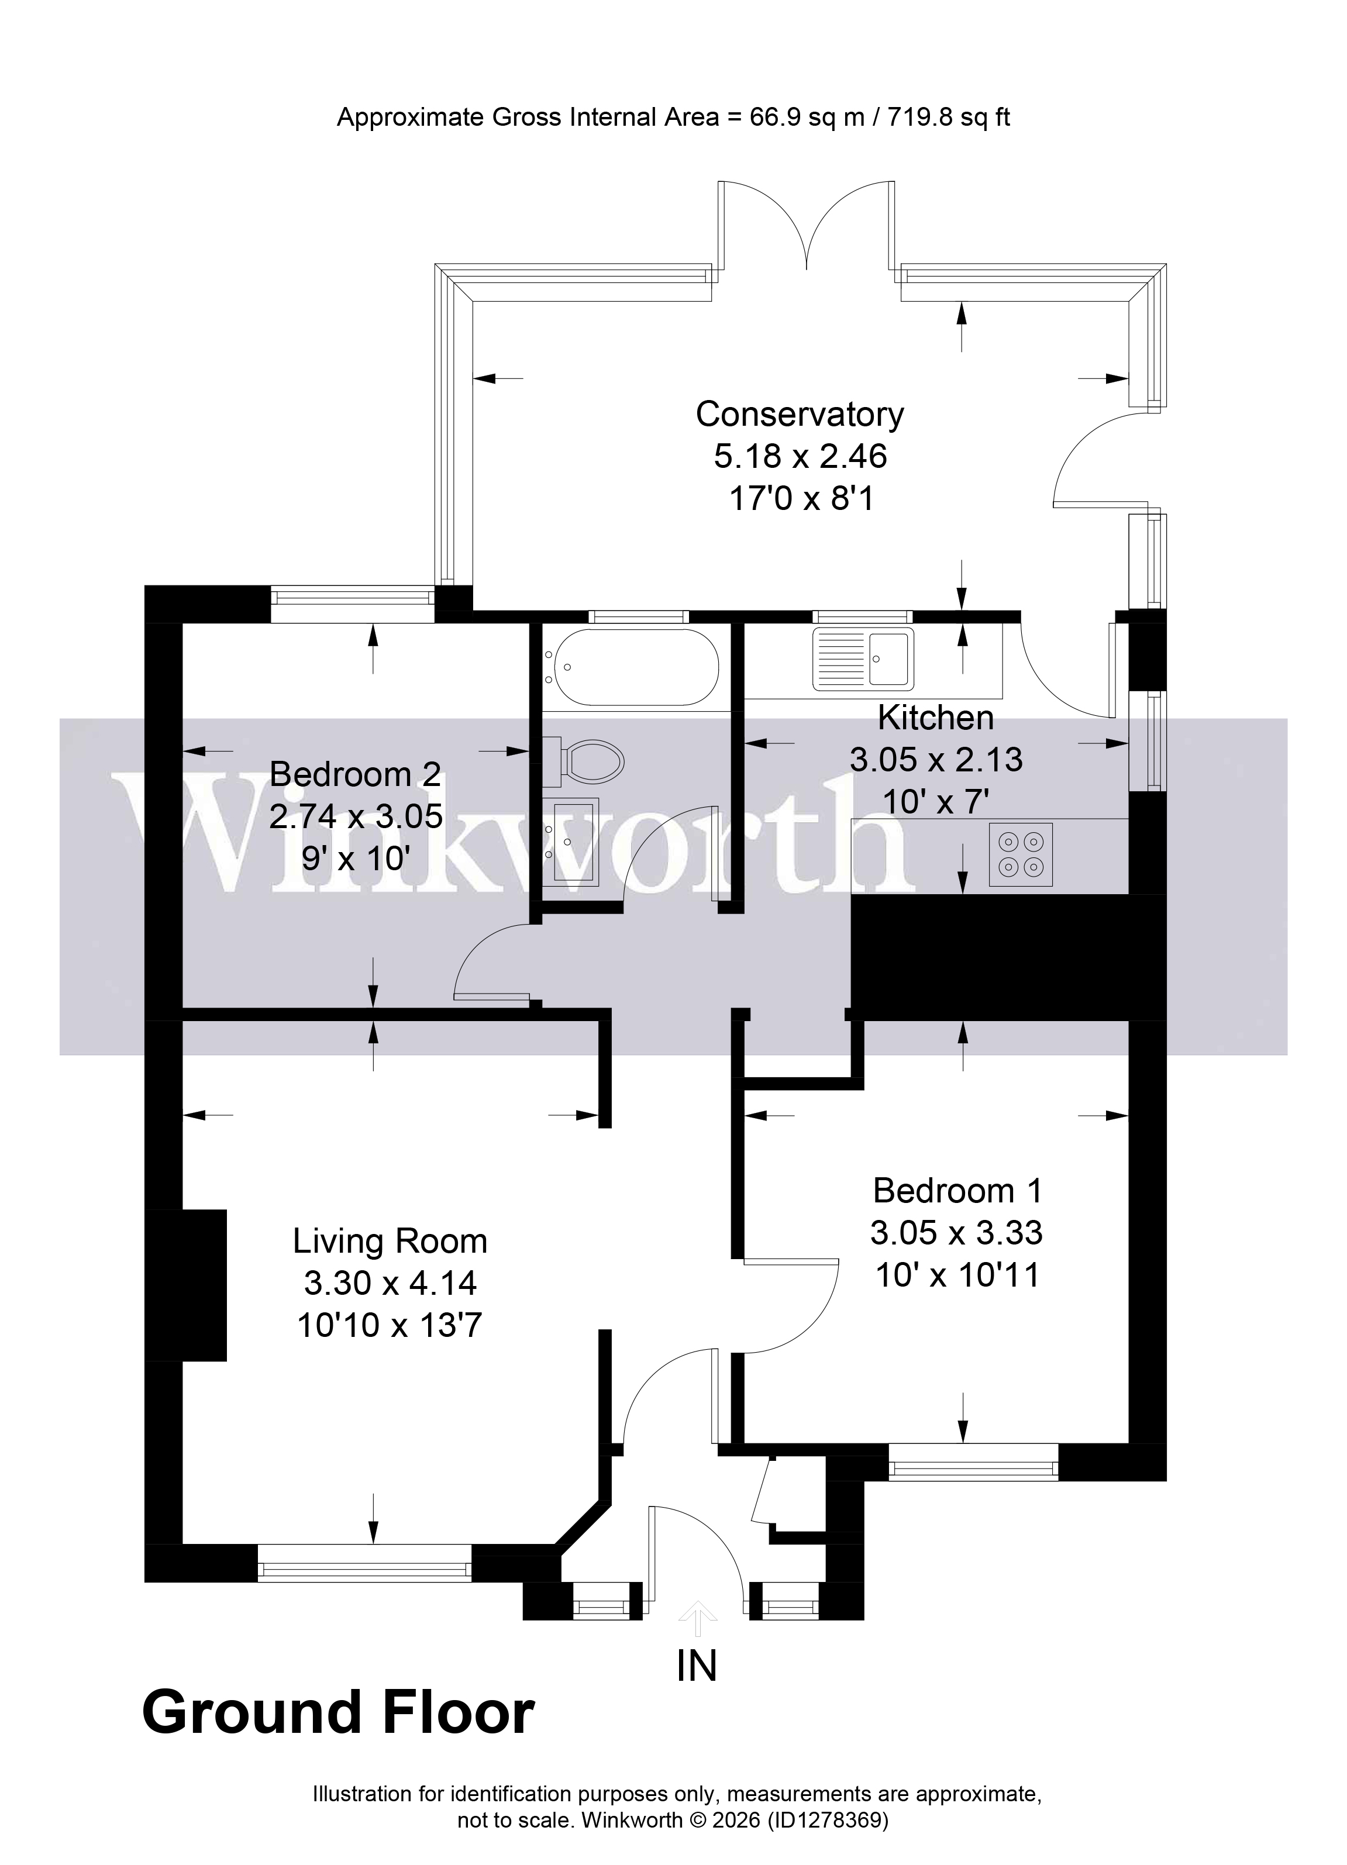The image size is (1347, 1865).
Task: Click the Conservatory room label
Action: (800, 415)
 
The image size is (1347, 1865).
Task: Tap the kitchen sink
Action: (863, 659)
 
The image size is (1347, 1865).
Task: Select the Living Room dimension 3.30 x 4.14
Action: (390, 1283)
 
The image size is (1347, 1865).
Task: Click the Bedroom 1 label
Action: (957, 1190)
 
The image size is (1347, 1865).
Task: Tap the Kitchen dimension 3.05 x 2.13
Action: (936, 759)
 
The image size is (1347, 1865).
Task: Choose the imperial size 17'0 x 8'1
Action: (801, 498)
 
